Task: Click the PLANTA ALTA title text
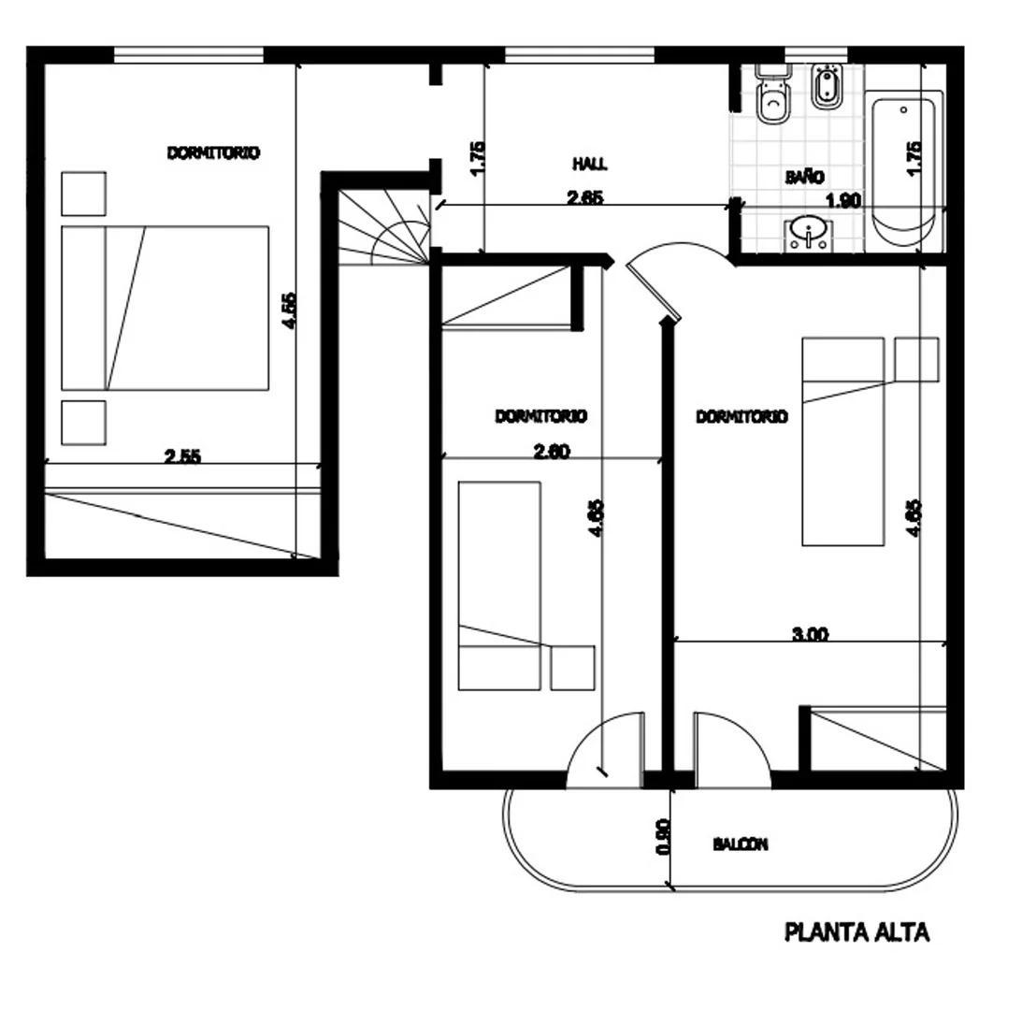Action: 856,932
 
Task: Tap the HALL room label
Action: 590,163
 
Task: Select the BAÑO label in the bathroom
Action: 804,177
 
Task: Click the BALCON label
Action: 741,844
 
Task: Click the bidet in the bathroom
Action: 828,87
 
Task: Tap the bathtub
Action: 904,171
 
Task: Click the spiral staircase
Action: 384,227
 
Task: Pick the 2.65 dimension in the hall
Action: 585,197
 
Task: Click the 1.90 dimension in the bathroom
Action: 843,201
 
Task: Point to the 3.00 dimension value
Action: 810,634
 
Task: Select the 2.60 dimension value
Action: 552,451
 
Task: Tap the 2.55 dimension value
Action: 182,456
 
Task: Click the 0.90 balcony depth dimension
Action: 663,837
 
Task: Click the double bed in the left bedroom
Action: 165,309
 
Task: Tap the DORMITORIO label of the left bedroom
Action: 214,153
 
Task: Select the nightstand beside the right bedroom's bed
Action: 916,359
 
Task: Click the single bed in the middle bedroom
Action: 500,585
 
